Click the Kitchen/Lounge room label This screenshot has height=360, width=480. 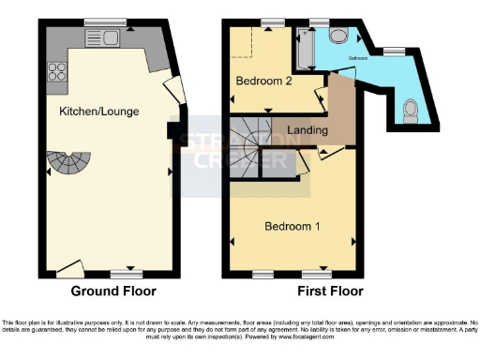(99, 112)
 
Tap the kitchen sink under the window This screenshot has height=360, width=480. (100, 37)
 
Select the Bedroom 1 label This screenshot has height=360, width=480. (293, 227)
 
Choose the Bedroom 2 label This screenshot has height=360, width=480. (263, 82)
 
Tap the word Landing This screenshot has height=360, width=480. (307, 130)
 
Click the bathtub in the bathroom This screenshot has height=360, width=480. (306, 50)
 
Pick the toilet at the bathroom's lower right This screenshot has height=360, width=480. (411, 111)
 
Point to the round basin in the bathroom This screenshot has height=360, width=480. (338, 35)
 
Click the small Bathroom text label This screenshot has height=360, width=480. (359, 58)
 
